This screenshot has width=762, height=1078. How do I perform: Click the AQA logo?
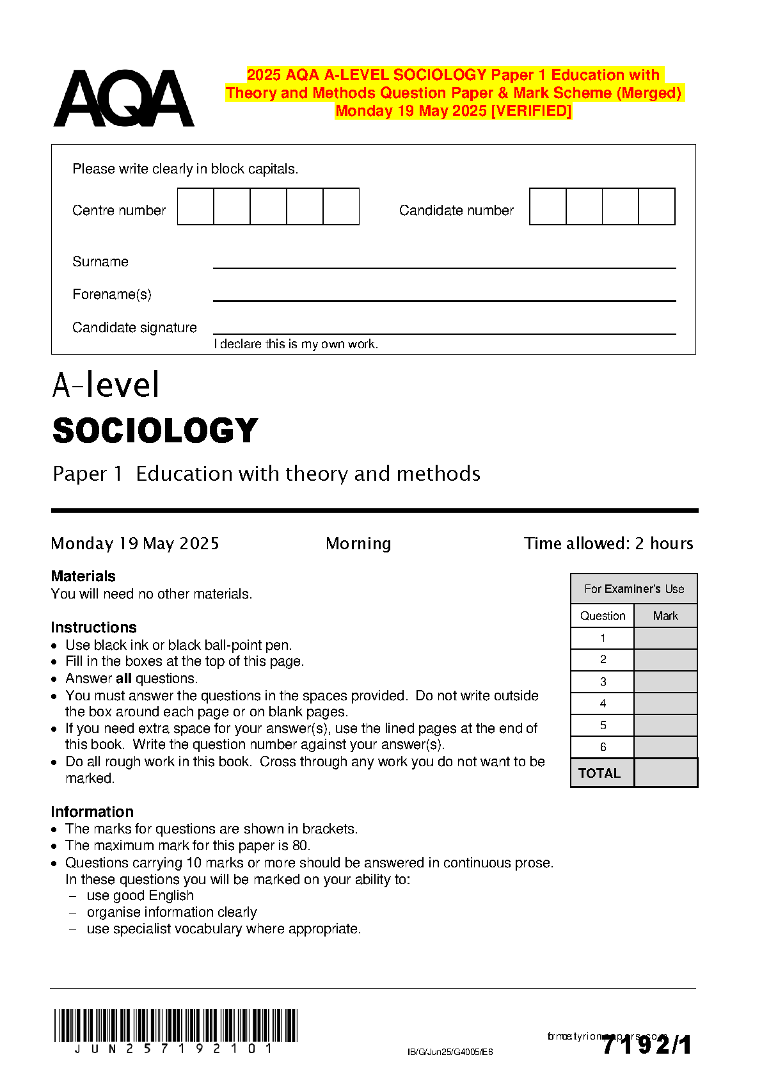(123, 99)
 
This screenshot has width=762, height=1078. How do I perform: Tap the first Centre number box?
(195, 206)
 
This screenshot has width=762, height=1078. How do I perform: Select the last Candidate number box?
(656, 206)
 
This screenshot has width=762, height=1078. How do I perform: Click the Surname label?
(100, 262)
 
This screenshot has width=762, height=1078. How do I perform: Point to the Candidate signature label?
(134, 328)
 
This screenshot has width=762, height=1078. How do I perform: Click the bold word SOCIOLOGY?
(155, 430)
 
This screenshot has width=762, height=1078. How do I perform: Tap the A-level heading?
(106, 385)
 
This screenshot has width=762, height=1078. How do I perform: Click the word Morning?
(358, 543)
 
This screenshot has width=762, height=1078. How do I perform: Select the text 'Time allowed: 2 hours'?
(608, 543)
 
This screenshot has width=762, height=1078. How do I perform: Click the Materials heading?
(83, 576)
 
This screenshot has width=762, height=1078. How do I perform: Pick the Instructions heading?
(93, 627)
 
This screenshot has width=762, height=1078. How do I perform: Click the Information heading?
(92, 812)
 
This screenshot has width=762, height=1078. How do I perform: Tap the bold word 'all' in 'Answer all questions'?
(123, 679)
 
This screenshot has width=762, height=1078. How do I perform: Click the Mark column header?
(665, 616)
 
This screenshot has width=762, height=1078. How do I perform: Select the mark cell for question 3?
(665, 682)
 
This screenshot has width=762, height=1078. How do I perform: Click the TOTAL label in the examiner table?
(599, 773)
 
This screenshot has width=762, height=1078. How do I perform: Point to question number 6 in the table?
(603, 747)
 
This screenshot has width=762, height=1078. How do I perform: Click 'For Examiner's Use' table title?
(634, 589)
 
